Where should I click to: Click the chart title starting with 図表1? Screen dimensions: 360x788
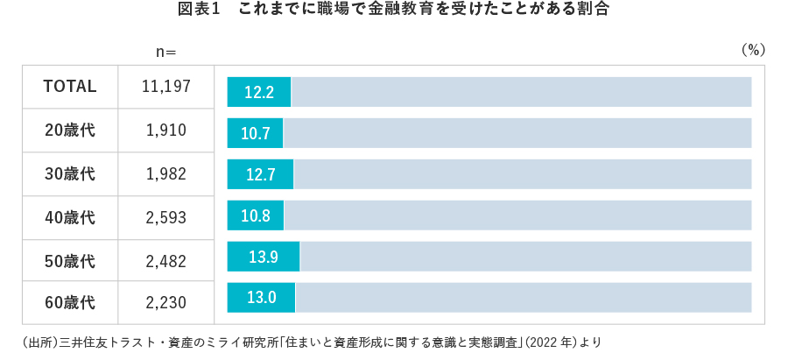click(x=394, y=11)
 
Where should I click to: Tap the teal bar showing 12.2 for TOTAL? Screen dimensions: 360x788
click(x=259, y=91)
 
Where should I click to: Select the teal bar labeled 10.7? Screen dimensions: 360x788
click(x=255, y=133)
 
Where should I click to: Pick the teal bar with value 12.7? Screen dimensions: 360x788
click(x=260, y=174)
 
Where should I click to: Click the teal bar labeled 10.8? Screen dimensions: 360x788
click(x=255, y=215)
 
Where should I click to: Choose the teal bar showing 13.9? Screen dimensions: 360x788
click(x=264, y=257)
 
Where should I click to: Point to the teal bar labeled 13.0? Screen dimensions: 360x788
click(x=261, y=298)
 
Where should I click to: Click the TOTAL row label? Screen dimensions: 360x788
click(x=70, y=87)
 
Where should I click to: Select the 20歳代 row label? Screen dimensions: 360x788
click(x=70, y=131)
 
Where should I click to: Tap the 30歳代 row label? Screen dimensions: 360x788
click(x=70, y=173)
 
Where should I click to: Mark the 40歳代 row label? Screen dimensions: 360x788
click(x=70, y=217)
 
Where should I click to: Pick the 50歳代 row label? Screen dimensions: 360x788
click(x=70, y=260)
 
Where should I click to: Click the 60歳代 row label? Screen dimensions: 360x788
click(x=70, y=303)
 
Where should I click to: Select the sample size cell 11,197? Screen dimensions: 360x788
click(x=166, y=87)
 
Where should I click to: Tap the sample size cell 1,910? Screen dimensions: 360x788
click(x=166, y=131)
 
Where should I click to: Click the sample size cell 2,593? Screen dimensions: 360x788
click(x=166, y=217)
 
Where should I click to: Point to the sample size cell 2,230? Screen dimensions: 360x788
click(x=166, y=303)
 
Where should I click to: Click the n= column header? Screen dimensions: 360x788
click(x=166, y=52)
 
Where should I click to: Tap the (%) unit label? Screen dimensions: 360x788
click(x=753, y=51)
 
